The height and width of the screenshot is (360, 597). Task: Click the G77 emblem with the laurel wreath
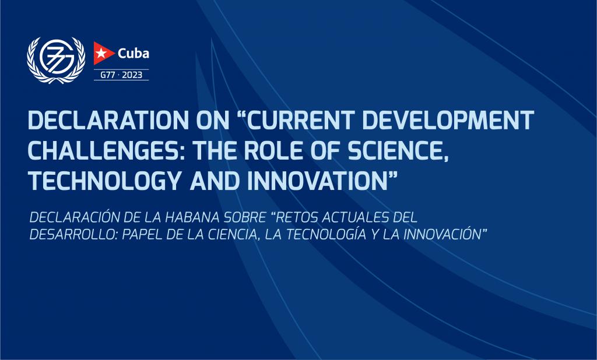(56, 60)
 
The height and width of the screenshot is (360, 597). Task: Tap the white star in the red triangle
(101, 53)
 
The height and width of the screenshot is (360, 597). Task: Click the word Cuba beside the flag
(134, 53)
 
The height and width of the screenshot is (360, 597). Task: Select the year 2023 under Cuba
(132, 75)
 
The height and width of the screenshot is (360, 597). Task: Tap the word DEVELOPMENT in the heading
(448, 120)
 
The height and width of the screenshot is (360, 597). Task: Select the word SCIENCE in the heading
(396, 151)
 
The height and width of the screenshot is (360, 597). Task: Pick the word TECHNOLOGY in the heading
(104, 181)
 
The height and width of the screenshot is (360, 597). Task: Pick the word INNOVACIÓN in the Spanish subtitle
(443, 234)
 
